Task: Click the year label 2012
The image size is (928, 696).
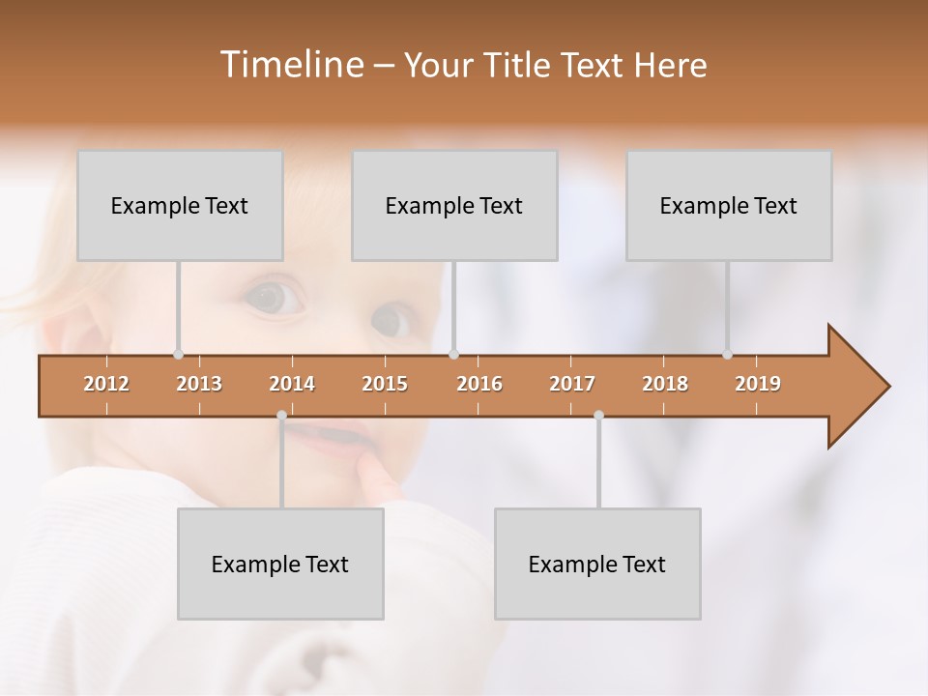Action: [x=106, y=384]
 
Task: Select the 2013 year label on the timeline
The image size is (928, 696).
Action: [x=199, y=384]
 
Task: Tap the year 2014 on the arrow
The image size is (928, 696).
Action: [x=292, y=384]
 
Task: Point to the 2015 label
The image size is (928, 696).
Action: [x=385, y=384]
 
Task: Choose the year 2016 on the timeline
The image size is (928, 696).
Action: [x=479, y=384]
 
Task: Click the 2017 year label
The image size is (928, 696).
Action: [x=572, y=384]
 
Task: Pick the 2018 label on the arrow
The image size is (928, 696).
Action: [x=665, y=384]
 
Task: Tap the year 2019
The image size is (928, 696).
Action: [x=758, y=384]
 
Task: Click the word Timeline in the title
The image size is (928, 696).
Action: [x=290, y=65]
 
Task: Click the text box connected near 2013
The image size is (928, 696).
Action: [x=180, y=206]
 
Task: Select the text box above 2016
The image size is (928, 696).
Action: [x=454, y=206]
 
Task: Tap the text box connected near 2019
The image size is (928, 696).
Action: [x=729, y=206]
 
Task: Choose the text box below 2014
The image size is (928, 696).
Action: [x=280, y=565]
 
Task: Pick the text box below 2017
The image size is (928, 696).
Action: [x=597, y=565]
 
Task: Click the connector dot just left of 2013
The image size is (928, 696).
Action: [x=178, y=355]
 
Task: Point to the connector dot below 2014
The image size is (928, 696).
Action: [x=281, y=416]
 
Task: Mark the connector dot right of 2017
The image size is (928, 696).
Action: [x=598, y=416]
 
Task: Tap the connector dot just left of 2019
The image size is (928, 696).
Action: [x=727, y=355]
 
